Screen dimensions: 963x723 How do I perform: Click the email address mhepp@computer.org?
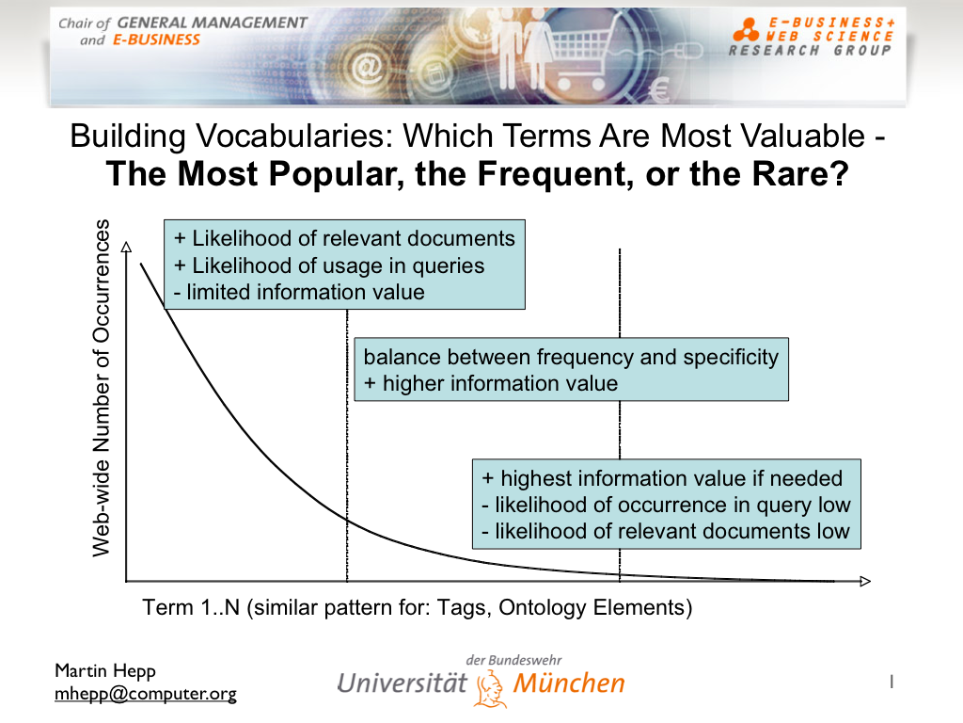(x=146, y=694)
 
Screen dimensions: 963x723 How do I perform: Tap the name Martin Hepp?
(x=105, y=670)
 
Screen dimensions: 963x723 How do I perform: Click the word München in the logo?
(x=569, y=683)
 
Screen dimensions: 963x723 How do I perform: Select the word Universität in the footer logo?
(x=403, y=683)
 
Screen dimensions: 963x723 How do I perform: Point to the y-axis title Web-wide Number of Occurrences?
(x=101, y=388)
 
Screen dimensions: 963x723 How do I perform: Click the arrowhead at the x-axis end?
(x=865, y=581)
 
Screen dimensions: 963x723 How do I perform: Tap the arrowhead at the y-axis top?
(x=127, y=248)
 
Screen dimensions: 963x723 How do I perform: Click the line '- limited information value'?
(x=299, y=292)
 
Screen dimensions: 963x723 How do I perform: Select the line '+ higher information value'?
(x=491, y=384)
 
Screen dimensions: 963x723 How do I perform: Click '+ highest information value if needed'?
(x=662, y=478)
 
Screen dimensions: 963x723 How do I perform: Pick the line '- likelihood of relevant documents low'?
(x=666, y=531)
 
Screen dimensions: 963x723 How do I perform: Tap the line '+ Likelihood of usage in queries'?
(x=329, y=265)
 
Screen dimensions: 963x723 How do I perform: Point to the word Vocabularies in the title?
(x=294, y=136)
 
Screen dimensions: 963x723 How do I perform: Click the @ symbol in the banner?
(x=367, y=68)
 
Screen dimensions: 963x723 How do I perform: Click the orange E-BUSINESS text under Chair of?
(x=156, y=40)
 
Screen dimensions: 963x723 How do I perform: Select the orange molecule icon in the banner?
(x=746, y=30)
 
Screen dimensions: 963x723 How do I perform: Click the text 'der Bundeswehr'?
(x=513, y=660)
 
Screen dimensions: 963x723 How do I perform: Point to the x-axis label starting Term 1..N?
(x=418, y=607)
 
